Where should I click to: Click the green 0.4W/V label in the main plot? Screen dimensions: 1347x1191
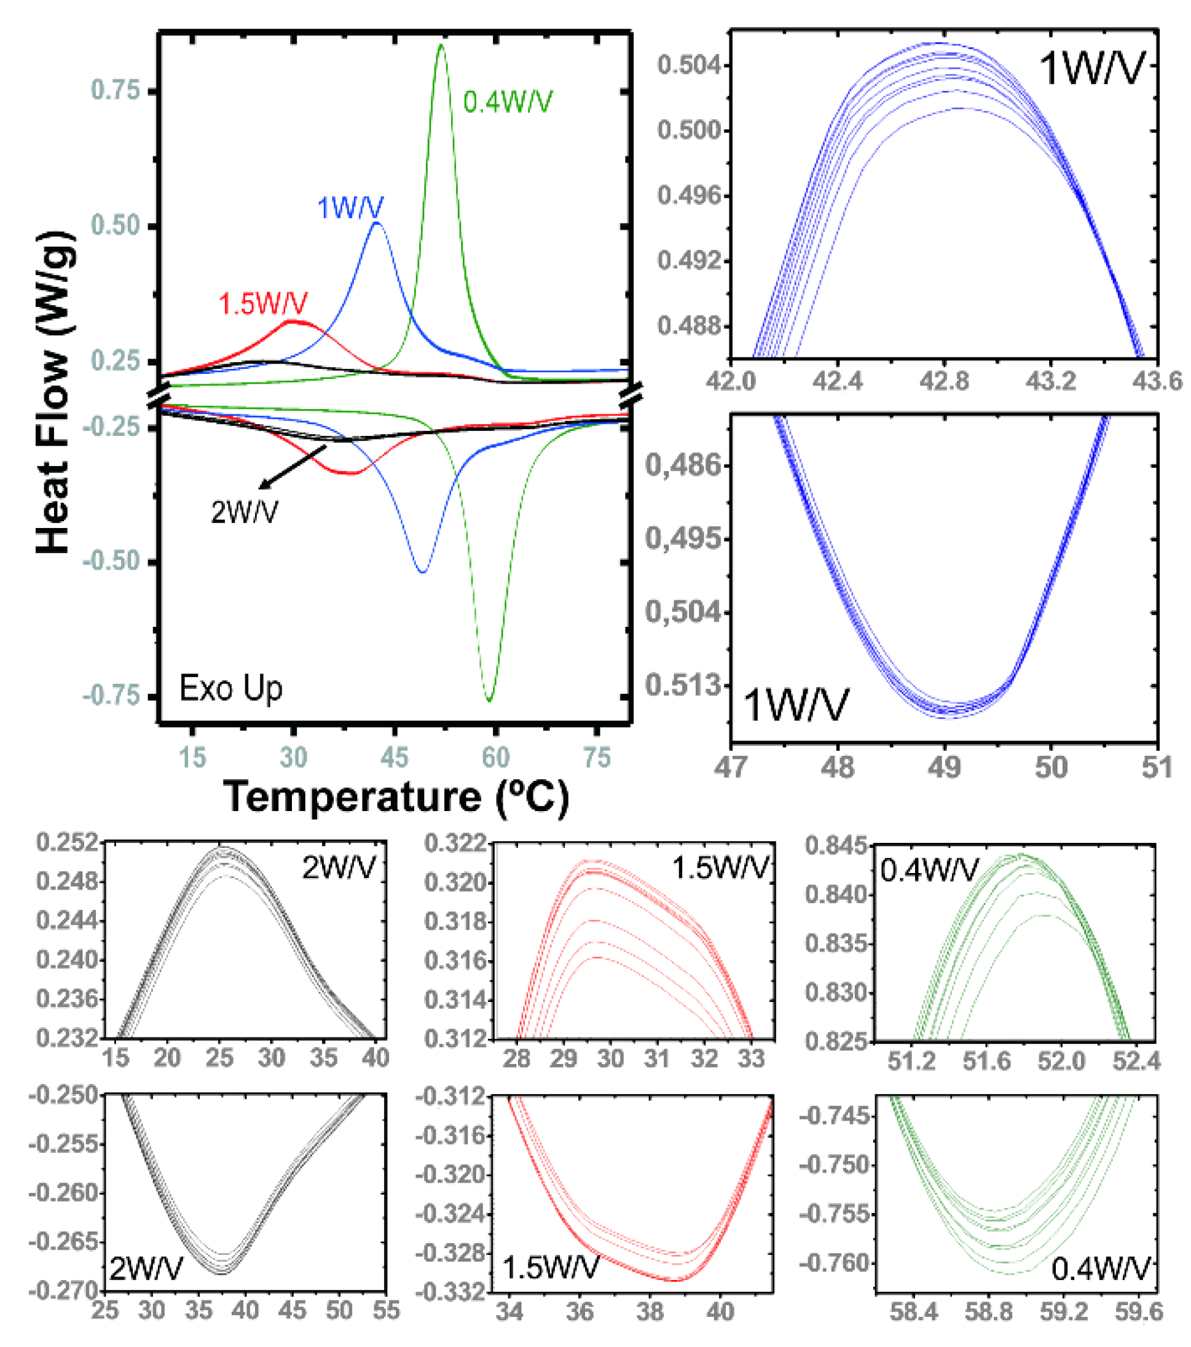click(507, 101)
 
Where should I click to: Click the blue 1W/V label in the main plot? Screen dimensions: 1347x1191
click(350, 208)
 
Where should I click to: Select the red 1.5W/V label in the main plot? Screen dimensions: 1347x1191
click(262, 303)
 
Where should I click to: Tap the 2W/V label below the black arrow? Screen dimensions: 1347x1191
click(244, 512)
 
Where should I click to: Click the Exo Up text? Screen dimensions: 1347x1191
click(231, 689)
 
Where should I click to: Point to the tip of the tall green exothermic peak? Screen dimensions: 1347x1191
click(441, 45)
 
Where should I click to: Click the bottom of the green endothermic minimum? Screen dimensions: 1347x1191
click(489, 700)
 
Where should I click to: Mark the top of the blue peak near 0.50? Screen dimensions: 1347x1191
click(377, 223)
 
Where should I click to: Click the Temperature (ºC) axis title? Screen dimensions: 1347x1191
click(396, 797)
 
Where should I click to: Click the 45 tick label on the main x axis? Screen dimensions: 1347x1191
click(395, 758)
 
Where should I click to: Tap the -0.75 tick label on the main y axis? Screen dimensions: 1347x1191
click(111, 696)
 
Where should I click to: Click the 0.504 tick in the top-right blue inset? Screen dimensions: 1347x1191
click(688, 65)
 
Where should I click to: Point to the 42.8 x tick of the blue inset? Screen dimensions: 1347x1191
click(944, 381)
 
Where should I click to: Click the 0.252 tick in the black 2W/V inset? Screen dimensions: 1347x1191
click(66, 843)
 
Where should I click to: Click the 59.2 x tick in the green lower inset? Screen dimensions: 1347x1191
click(1063, 1311)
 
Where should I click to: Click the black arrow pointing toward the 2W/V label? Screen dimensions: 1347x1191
click(293, 467)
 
